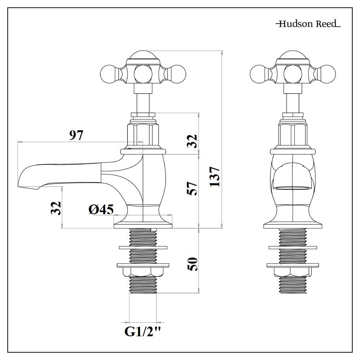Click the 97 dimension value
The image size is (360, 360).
(76, 136)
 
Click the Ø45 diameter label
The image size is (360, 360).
(101, 210)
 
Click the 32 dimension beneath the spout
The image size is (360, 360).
(56, 208)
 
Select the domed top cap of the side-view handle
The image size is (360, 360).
(143, 56)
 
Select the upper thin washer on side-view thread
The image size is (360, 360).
(143, 247)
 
